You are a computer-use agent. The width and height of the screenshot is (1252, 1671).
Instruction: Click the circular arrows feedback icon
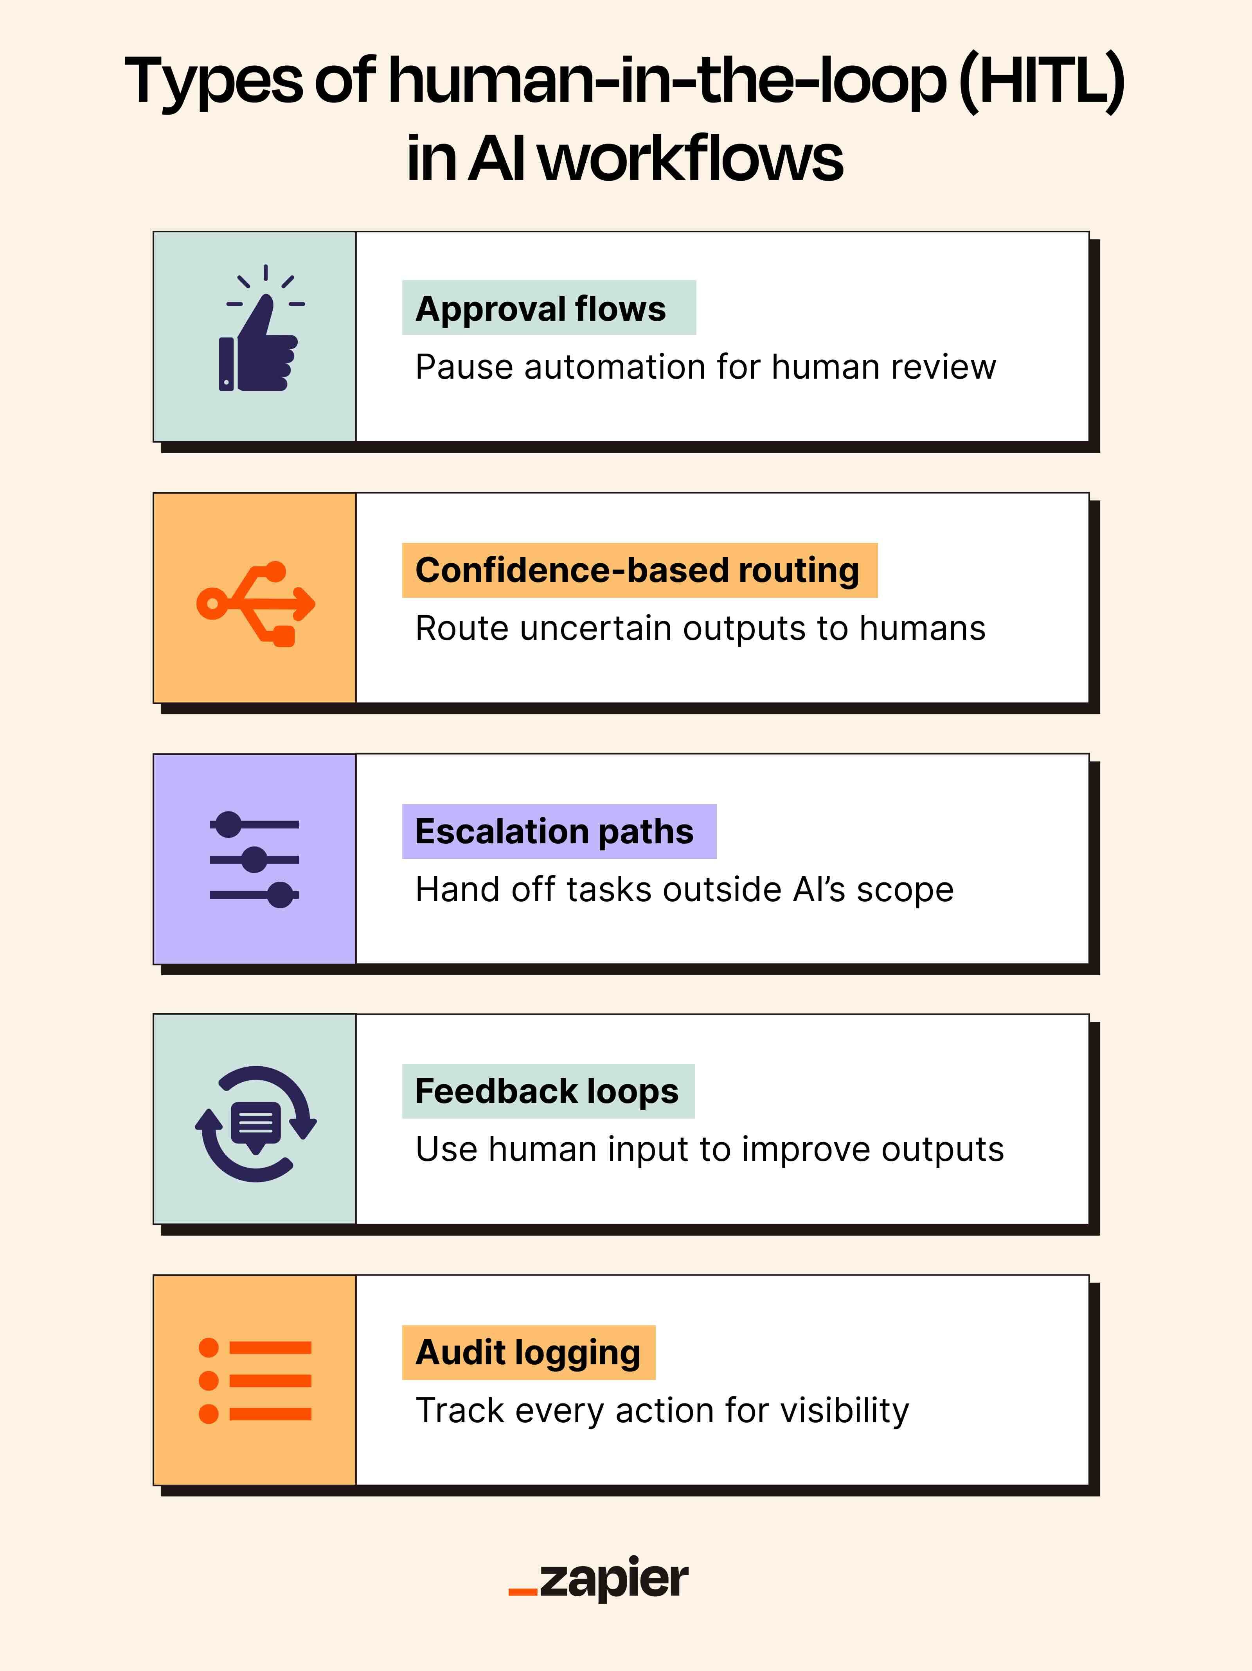click(255, 1123)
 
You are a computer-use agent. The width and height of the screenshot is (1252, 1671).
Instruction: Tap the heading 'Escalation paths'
click(554, 831)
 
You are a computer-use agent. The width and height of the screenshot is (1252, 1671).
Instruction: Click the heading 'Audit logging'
click(527, 1352)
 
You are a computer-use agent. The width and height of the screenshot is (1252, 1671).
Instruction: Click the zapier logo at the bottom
click(599, 1579)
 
